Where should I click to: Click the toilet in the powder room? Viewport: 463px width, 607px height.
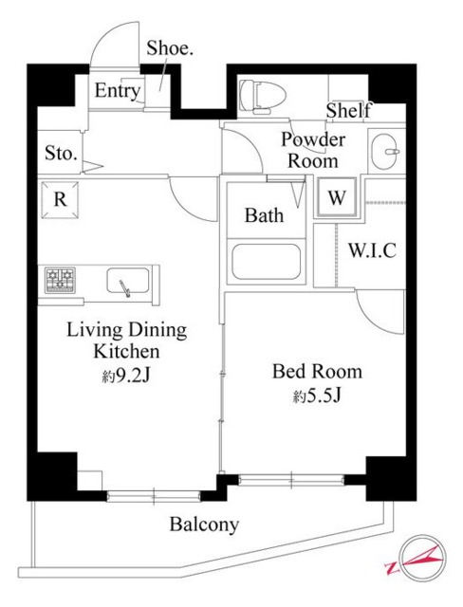pyautogui.click(x=258, y=96)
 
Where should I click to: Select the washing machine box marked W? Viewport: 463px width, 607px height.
pyautogui.click(x=337, y=198)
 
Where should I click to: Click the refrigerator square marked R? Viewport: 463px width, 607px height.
pyautogui.click(x=59, y=200)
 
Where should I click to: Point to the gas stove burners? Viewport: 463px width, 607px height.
pyautogui.click(x=60, y=281)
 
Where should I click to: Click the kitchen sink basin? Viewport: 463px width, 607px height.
pyautogui.click(x=126, y=283)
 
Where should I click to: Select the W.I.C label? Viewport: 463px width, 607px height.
pyautogui.click(x=372, y=251)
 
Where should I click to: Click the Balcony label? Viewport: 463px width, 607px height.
pyautogui.click(x=204, y=524)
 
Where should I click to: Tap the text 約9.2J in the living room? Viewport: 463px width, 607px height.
pyautogui.click(x=125, y=377)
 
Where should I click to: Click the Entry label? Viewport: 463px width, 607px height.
pyautogui.click(x=118, y=92)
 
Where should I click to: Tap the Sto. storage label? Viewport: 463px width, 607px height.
pyautogui.click(x=62, y=153)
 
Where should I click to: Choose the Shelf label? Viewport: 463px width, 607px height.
pyautogui.click(x=348, y=111)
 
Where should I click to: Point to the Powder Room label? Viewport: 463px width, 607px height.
pyautogui.click(x=312, y=150)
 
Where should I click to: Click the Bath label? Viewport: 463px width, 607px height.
pyautogui.click(x=264, y=215)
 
